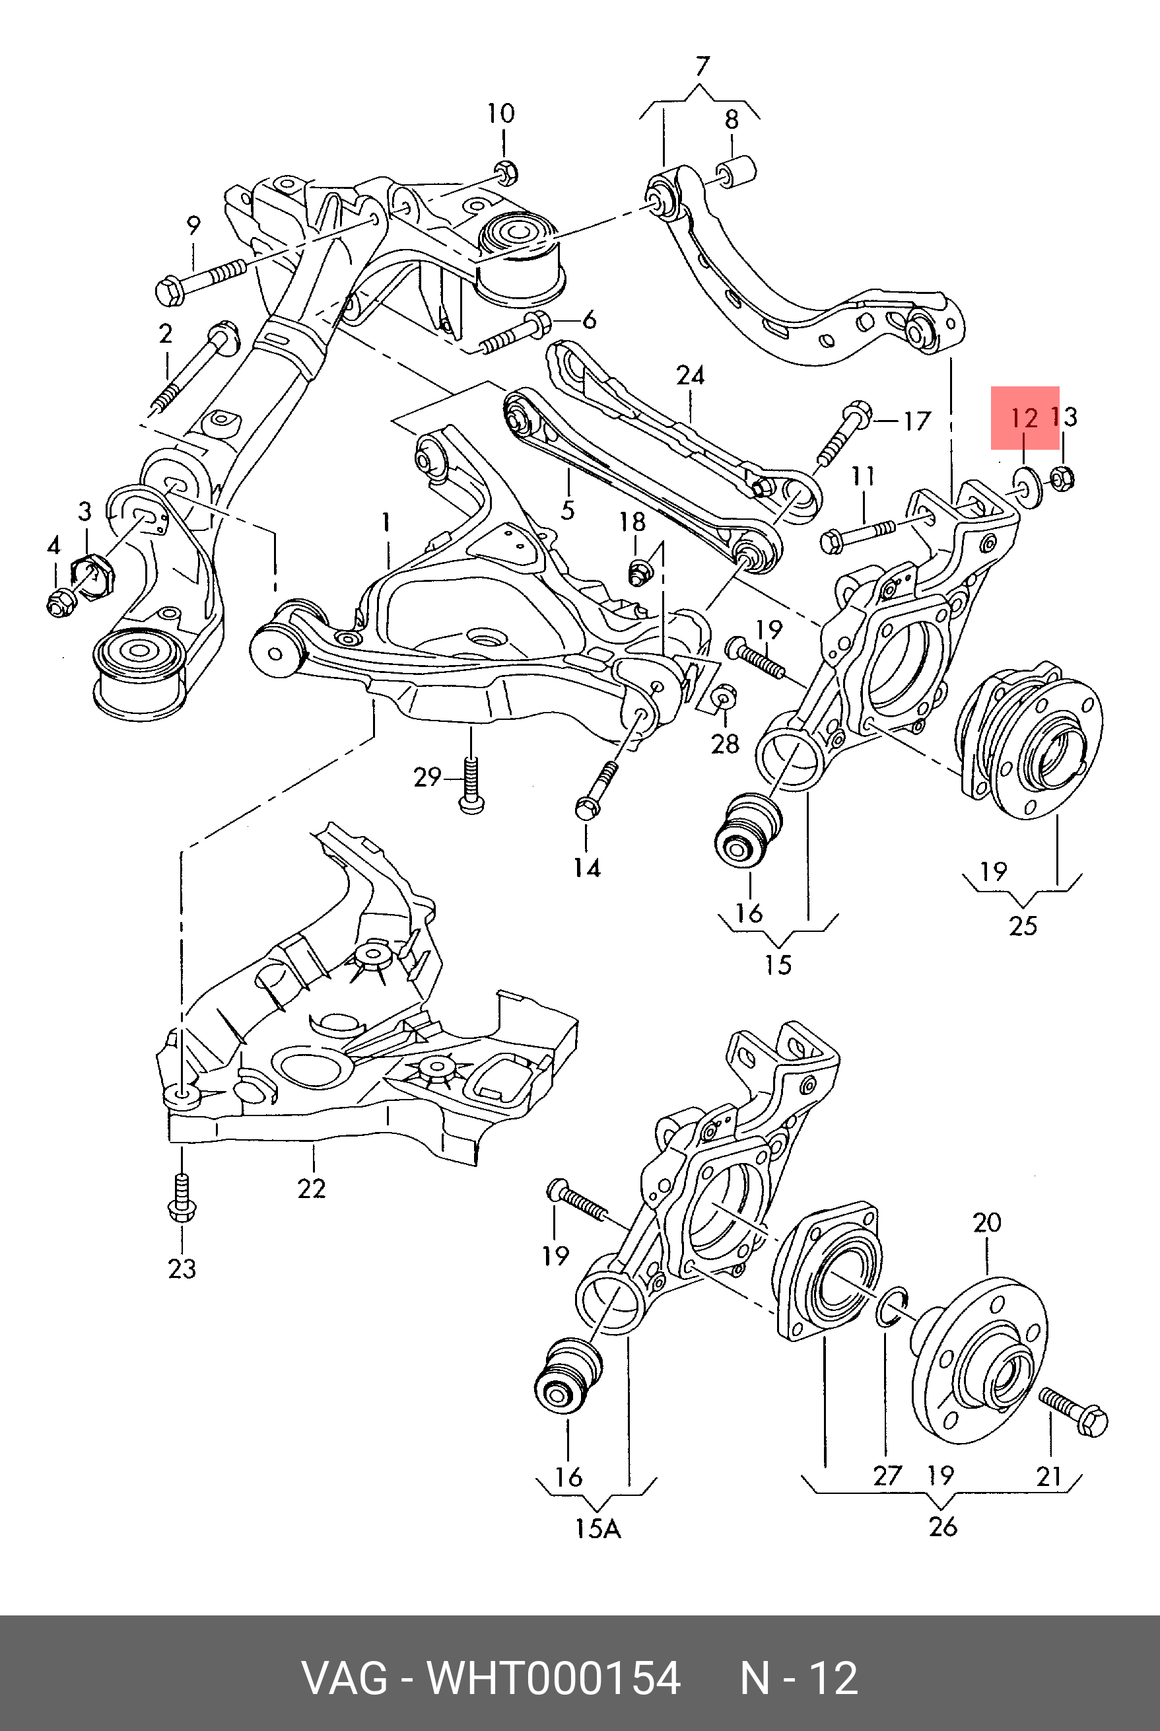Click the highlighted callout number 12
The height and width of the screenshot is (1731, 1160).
click(x=1024, y=419)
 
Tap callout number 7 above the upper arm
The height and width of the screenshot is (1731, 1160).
click(x=701, y=67)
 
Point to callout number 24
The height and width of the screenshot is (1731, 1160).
click(x=690, y=376)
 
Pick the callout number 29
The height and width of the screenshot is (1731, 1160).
click(x=427, y=777)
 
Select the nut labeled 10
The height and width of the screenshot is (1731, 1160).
click(x=505, y=173)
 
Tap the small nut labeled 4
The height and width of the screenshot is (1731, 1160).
click(x=57, y=602)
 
